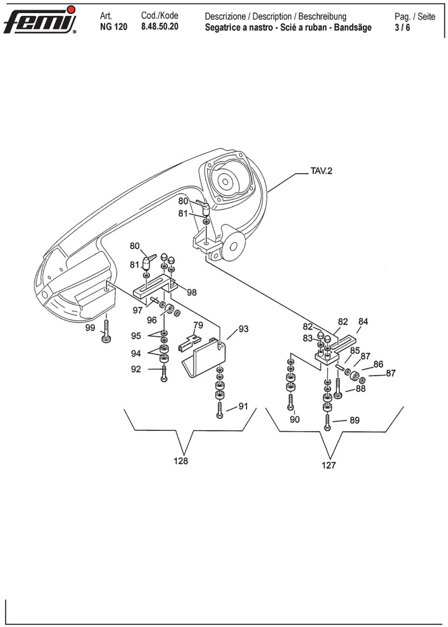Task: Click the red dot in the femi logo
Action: (x=72, y=9)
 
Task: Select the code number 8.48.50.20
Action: (x=160, y=27)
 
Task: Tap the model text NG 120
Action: (x=114, y=27)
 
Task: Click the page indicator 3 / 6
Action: (x=402, y=27)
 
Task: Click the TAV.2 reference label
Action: (x=321, y=170)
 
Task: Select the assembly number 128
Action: (x=181, y=461)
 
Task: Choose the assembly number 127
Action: (x=329, y=465)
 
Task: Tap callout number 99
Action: (x=90, y=328)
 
